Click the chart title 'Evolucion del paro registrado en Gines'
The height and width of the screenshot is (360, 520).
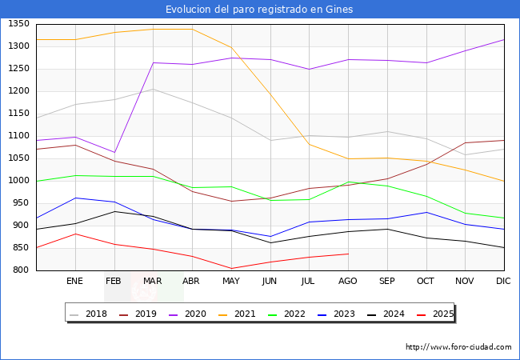coord(259,10)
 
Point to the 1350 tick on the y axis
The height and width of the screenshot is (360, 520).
coord(18,24)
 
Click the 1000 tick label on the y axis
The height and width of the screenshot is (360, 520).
coord(18,181)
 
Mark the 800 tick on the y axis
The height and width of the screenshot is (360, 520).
coord(20,270)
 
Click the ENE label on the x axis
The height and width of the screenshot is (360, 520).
coord(74,282)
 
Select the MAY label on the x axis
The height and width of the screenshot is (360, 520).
coord(230,282)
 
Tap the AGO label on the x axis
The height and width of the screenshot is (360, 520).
coord(348,282)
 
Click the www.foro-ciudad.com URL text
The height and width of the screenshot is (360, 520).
coord(458,347)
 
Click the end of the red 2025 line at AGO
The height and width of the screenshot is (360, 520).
coord(348,254)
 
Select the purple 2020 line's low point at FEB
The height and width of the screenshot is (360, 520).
coord(114,152)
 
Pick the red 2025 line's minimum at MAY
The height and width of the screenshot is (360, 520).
coord(230,269)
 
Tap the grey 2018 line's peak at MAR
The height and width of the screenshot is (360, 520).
coord(153,89)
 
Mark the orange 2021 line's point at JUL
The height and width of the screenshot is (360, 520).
coord(309,144)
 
